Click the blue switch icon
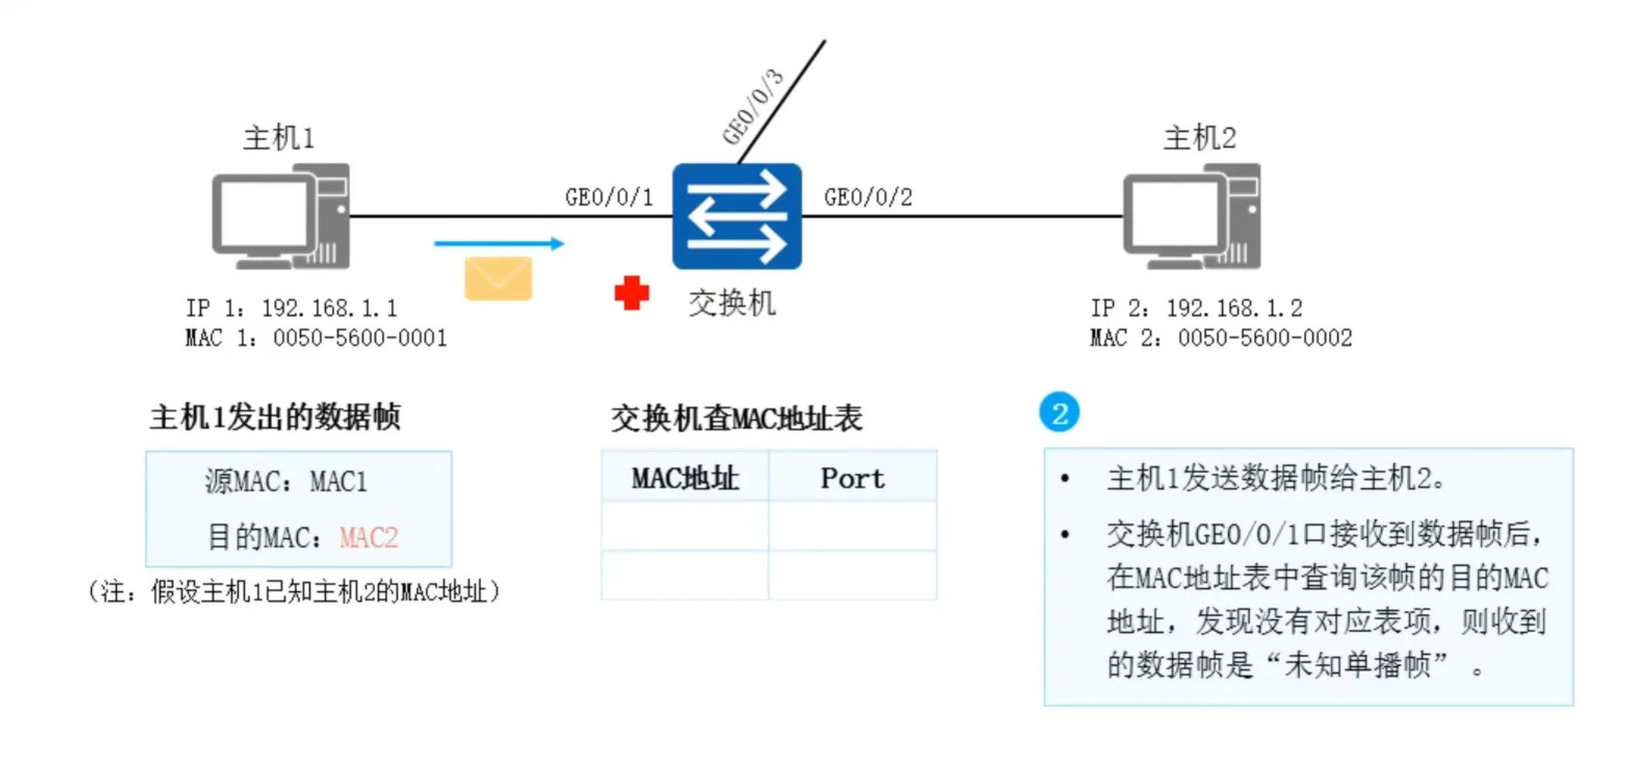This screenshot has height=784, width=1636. pos(737,216)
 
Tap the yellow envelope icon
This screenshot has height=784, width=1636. pos(498,278)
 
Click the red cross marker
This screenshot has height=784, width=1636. pos(632,293)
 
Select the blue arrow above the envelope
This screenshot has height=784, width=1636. pos(499,243)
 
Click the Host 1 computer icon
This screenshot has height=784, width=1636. pos(281,217)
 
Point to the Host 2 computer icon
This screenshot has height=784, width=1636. pos(1192,217)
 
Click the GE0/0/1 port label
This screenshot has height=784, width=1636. pos(609,197)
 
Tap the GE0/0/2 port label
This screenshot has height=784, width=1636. pos(868,197)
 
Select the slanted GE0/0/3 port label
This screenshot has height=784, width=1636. pos(752,107)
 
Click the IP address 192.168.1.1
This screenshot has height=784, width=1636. pos(329,308)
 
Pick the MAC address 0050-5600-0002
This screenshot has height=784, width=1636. pos(1265,338)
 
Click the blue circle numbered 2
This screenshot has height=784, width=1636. pos(1059,413)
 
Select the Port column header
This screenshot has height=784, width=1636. pos(852,478)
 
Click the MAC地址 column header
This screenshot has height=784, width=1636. pos(685,478)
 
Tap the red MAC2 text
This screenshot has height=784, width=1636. pos(369,537)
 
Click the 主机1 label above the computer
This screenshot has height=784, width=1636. pos(278,138)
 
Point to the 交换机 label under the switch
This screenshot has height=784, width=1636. pos(731,303)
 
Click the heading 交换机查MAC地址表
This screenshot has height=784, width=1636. pos(736,418)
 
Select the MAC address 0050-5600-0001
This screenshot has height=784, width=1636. pos(359,338)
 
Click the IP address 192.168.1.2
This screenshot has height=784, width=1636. pos(1234,308)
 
